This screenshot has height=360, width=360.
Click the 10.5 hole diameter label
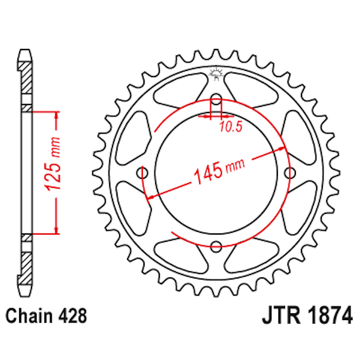coord(230,127)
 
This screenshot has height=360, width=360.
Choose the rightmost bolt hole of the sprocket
coord(290,172)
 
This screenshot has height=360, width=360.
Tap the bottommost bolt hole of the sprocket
coord(217,245)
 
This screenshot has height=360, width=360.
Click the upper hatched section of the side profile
coord(25,79)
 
